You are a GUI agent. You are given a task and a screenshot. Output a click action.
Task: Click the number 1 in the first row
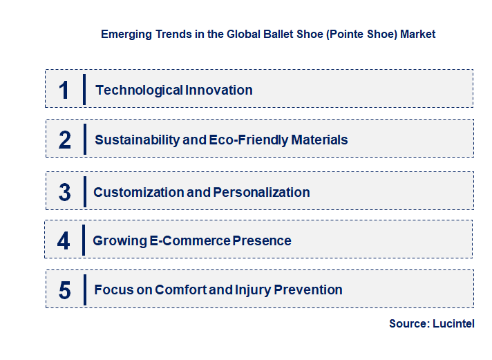tap(64, 90)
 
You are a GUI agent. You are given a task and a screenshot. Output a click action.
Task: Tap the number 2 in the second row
tap(65, 140)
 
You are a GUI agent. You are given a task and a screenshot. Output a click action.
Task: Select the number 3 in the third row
tap(65, 192)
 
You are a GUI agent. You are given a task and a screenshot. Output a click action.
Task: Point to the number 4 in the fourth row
tap(64, 240)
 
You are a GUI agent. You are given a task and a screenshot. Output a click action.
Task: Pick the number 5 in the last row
tap(65, 290)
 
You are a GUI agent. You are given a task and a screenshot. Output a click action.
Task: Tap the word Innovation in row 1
tap(218, 90)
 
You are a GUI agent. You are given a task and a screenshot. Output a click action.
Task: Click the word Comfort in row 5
tap(181, 290)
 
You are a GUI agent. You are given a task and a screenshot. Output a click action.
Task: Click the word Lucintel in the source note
tap(454, 323)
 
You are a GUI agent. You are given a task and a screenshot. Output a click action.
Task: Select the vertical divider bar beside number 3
tap(84, 191)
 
